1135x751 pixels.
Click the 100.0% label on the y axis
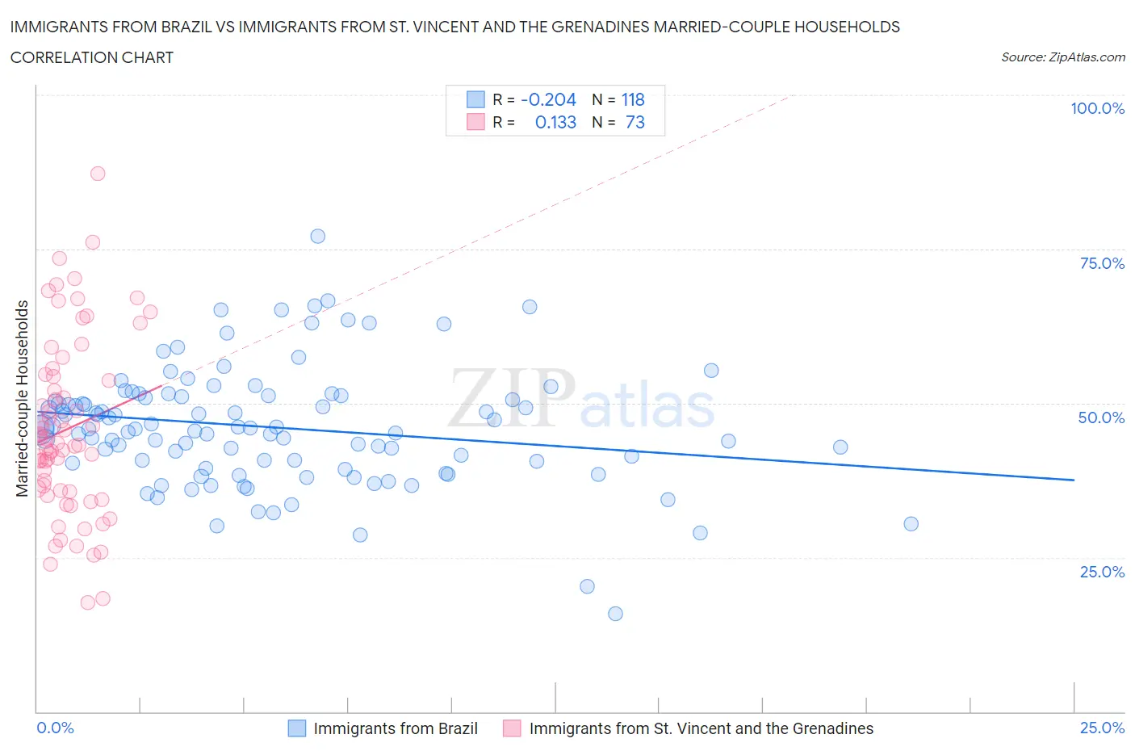click(1097, 108)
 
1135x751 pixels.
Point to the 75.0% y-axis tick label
click(1102, 263)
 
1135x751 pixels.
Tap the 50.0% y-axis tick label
click(1101, 417)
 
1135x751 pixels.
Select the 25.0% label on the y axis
click(1102, 572)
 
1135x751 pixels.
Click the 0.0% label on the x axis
click(55, 728)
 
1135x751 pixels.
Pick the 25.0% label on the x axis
click(1102, 728)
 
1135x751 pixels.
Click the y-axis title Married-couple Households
click(23, 398)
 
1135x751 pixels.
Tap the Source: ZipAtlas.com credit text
click(1062, 57)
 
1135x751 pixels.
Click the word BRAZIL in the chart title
click(184, 27)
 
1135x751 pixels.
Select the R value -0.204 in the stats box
click(548, 99)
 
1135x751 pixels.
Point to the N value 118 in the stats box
click(633, 99)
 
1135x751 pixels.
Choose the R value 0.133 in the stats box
click(555, 122)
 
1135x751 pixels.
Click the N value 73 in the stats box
click(635, 122)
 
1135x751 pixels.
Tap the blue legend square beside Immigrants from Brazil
click(297, 728)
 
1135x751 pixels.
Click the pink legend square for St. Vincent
click(512, 728)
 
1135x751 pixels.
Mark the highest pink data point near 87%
click(98, 174)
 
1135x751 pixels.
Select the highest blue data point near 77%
click(318, 237)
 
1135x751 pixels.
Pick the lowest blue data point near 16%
click(615, 614)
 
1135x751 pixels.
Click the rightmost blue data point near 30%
click(911, 524)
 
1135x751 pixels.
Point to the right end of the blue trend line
click(1074, 480)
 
